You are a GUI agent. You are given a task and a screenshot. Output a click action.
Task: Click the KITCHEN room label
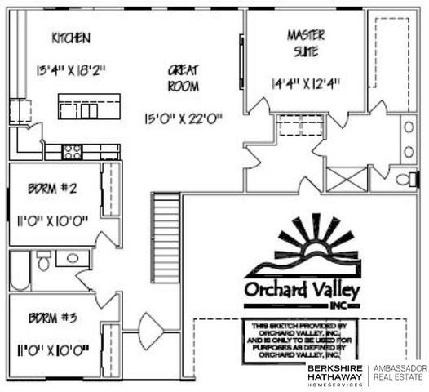pyautogui.click(x=70, y=38)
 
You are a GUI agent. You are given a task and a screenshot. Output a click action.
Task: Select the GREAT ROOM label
pyautogui.click(x=184, y=78)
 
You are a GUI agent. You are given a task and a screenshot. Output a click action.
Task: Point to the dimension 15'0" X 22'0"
pyautogui.click(x=184, y=118)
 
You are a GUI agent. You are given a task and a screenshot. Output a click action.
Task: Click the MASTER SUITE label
pyautogui.click(x=306, y=42)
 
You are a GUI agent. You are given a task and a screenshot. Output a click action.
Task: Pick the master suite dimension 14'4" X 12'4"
pyautogui.click(x=306, y=82)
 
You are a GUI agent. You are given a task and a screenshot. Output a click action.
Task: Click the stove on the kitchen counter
pyautogui.click(x=73, y=151)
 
